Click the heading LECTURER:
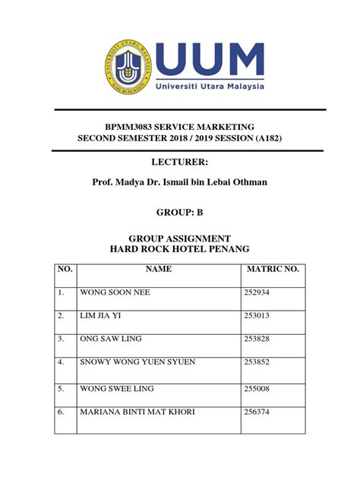point(180,163)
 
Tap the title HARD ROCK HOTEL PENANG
point(180,249)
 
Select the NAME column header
point(159,269)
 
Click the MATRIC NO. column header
point(273,269)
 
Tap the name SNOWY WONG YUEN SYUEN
point(137,362)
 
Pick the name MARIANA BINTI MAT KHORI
point(137,412)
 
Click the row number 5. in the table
point(60,389)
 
